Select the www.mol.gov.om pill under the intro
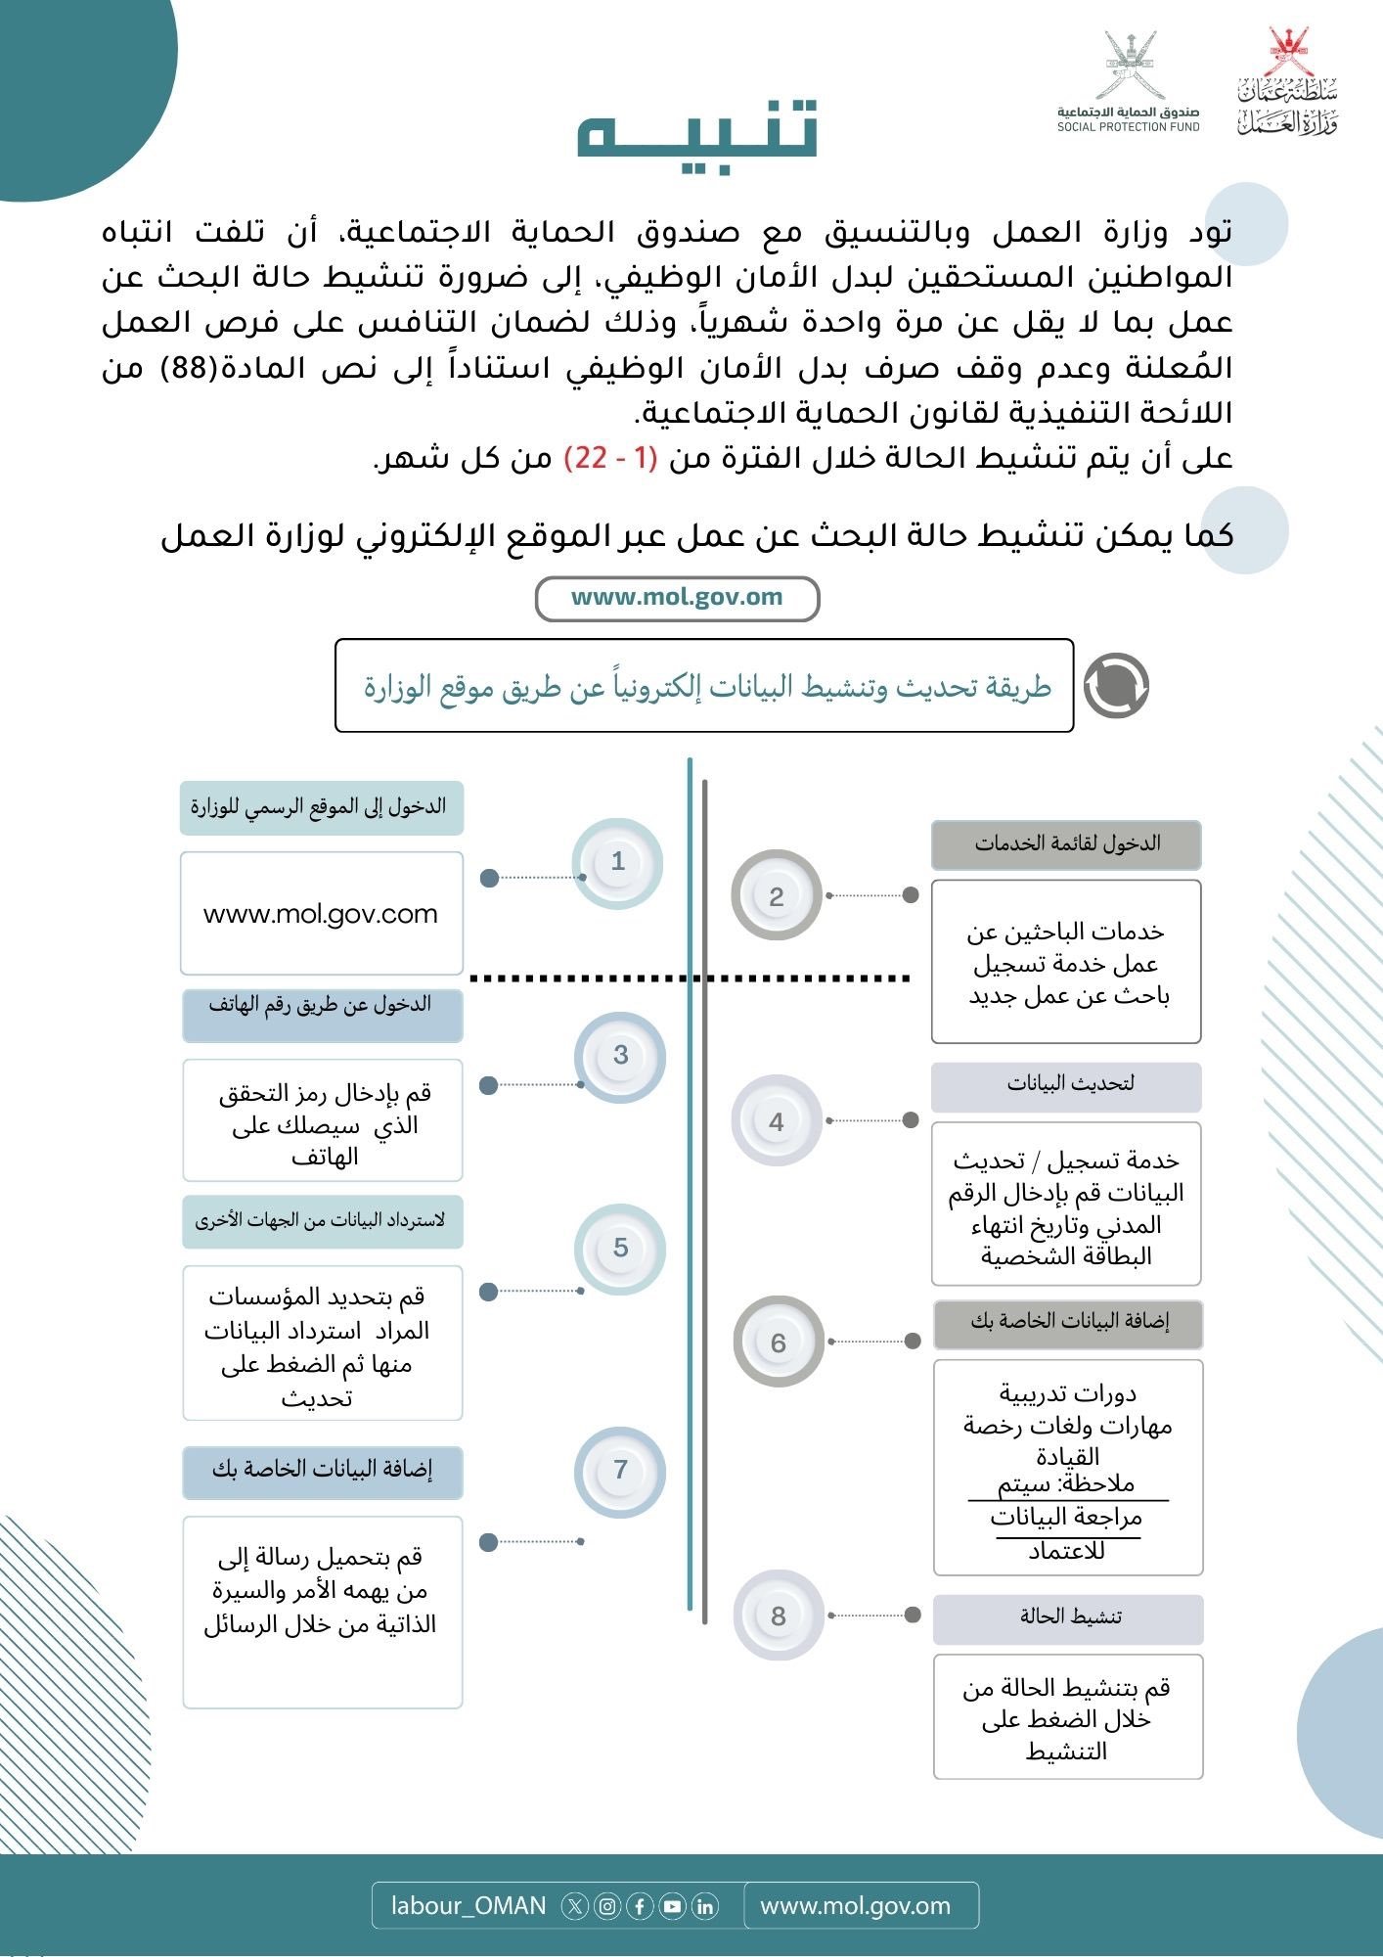(x=677, y=599)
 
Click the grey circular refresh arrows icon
(x=1117, y=686)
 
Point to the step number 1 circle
(x=617, y=862)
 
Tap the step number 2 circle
(x=777, y=896)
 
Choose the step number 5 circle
(x=620, y=1249)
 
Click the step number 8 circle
(x=779, y=1616)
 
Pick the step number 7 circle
(x=620, y=1470)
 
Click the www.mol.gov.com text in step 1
(x=321, y=914)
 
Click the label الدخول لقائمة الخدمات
(x=1066, y=843)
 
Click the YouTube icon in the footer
(x=672, y=1906)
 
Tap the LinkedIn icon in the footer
(x=704, y=1906)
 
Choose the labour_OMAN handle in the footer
(x=468, y=1906)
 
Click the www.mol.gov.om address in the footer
(x=855, y=1906)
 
